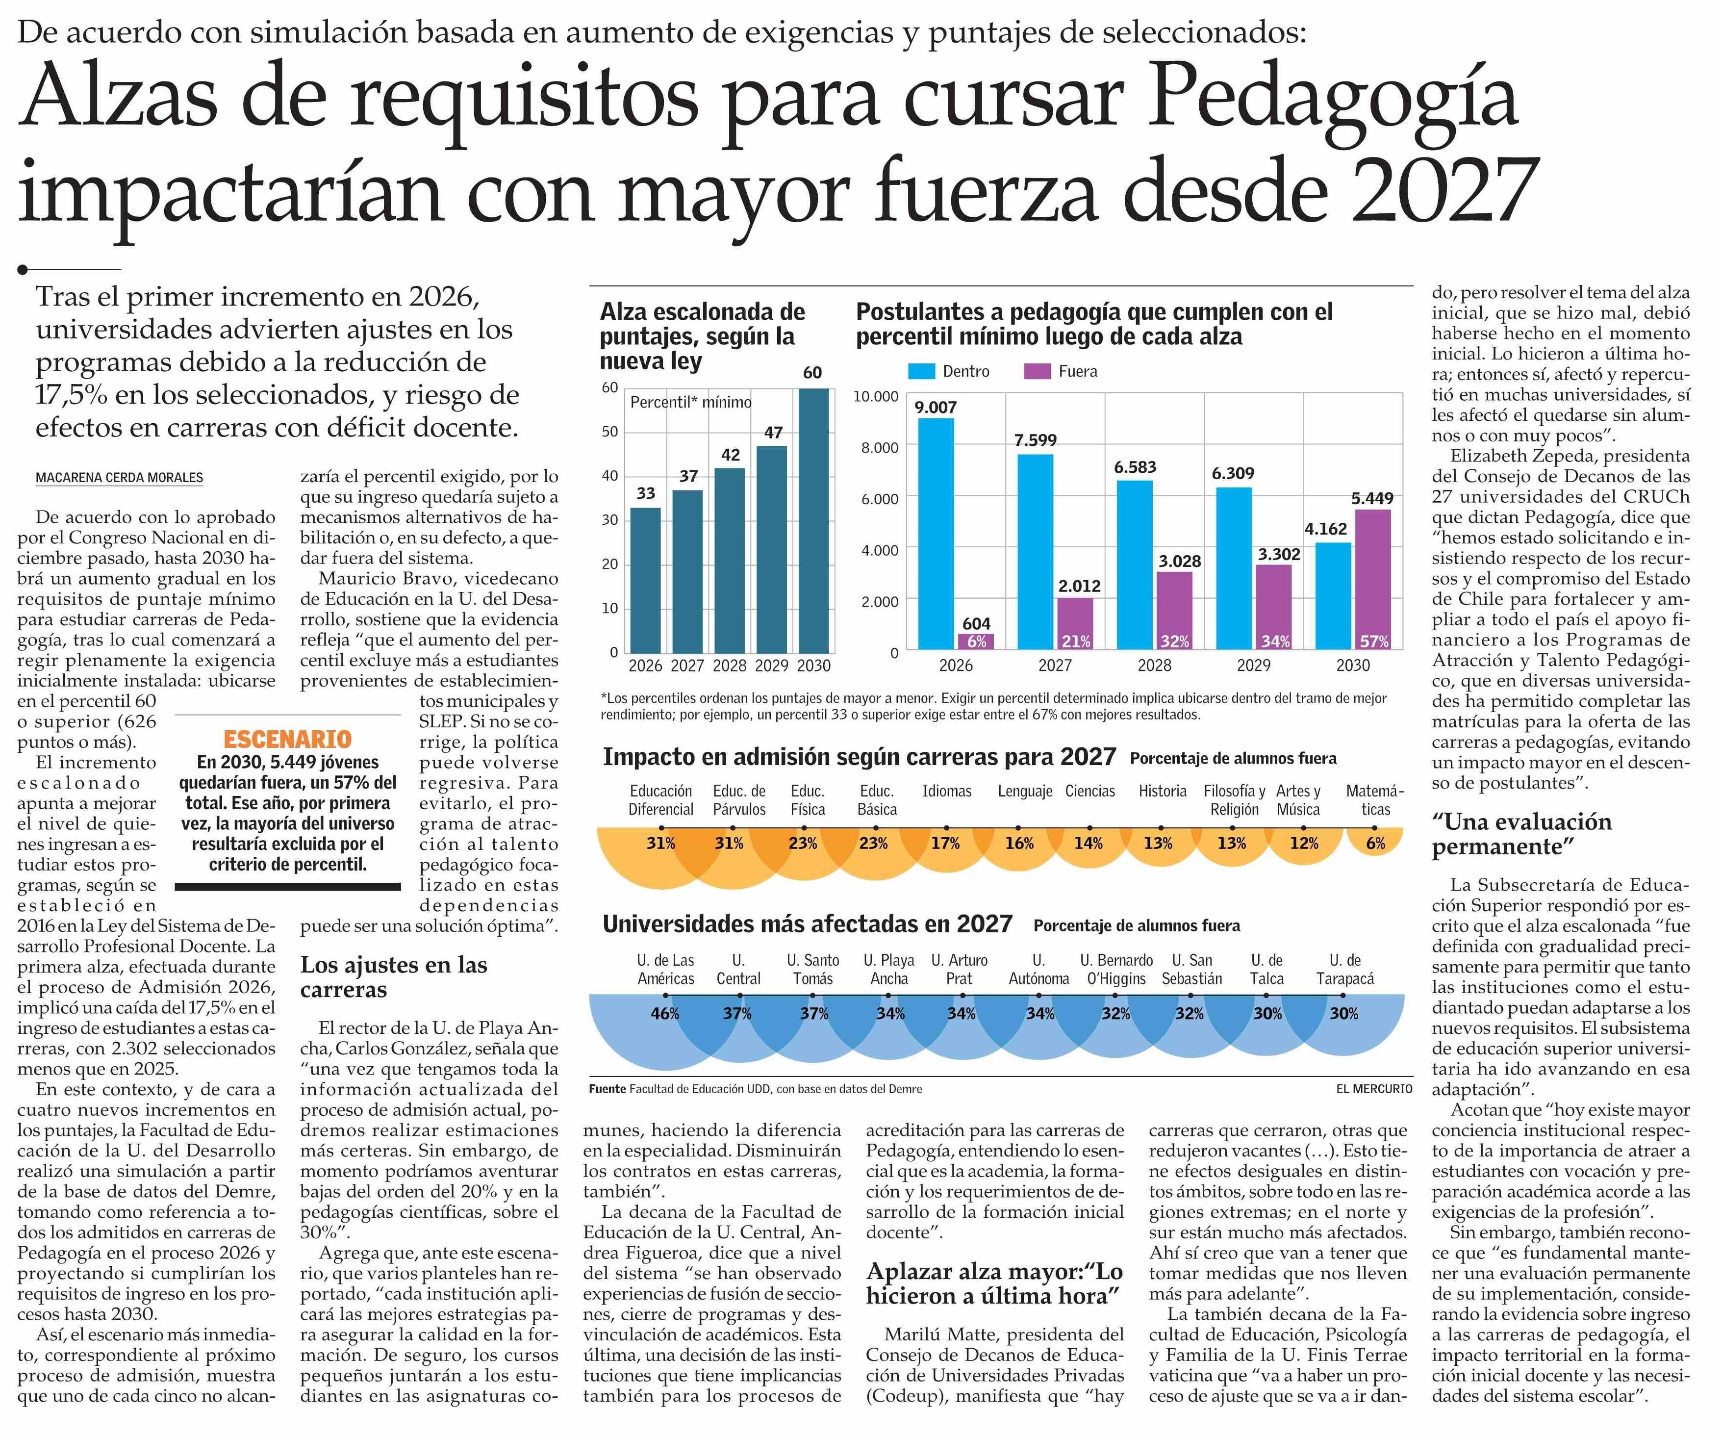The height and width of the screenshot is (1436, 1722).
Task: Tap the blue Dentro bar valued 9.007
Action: pos(936,535)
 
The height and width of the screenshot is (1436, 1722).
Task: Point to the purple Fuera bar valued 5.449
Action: pos(1373,580)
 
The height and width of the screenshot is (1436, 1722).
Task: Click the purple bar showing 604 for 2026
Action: pos(976,642)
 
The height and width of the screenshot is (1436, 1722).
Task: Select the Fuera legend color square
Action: pos(1038,372)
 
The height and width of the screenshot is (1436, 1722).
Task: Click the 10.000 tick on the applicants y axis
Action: pos(876,397)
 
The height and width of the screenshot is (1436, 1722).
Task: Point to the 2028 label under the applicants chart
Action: pos(1155,665)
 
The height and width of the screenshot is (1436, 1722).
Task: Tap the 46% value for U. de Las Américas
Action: pos(665,1014)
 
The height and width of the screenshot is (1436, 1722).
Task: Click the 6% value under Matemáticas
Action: pos(1375,843)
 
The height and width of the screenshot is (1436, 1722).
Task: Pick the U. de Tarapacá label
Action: pos(1345,970)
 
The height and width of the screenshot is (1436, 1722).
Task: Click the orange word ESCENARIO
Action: pos(288,739)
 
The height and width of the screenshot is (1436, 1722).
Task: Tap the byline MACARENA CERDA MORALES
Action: pos(120,477)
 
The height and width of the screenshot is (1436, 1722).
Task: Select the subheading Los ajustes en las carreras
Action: pos(394,977)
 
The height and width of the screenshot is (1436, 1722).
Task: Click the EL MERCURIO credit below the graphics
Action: pos(1373,1089)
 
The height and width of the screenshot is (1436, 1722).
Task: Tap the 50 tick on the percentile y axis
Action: pos(610,432)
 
